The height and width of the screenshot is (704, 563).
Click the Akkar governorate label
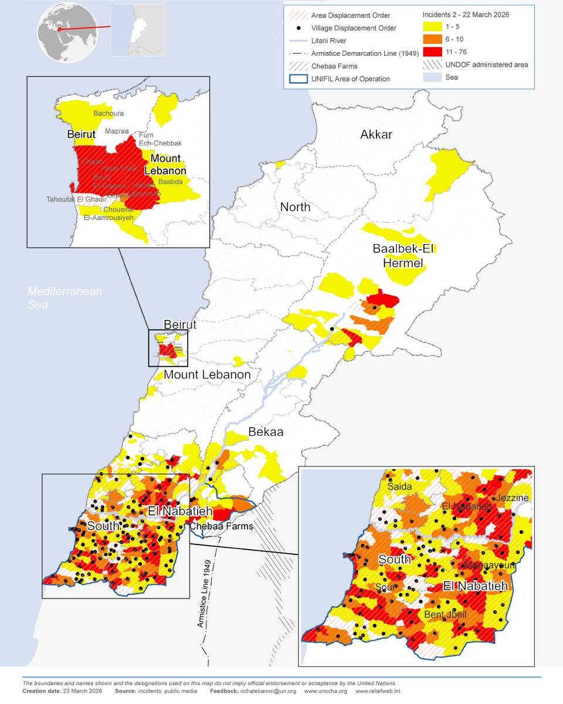376,134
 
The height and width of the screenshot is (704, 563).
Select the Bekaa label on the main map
266,432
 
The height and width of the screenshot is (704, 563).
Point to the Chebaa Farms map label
221,526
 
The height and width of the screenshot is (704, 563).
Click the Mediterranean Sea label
65,297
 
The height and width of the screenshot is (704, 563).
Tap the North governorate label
295,207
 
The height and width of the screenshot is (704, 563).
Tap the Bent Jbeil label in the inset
446,615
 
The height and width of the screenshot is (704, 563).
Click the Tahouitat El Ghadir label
74,199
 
